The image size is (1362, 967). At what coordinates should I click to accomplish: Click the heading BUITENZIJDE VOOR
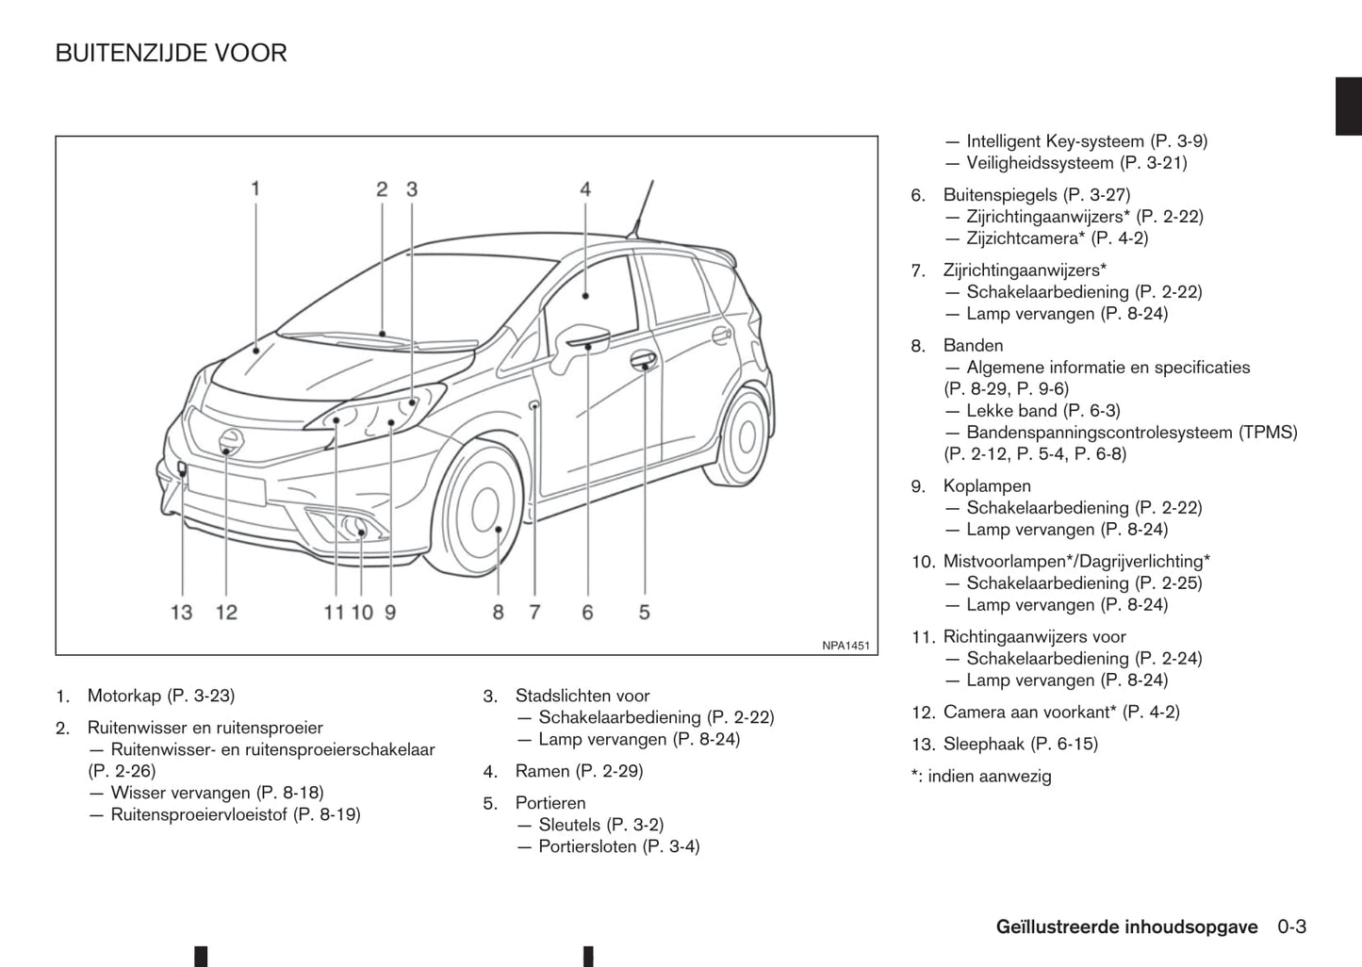[x=171, y=54]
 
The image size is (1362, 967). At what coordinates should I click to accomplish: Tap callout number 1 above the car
[x=254, y=189]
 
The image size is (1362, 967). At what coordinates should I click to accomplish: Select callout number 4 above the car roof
[x=585, y=189]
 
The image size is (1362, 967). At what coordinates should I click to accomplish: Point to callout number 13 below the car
[x=181, y=613]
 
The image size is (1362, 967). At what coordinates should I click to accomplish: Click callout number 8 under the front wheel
[x=498, y=613]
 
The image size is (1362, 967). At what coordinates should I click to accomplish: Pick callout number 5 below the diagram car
[x=644, y=613]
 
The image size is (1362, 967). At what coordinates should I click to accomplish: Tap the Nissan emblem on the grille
[x=229, y=439]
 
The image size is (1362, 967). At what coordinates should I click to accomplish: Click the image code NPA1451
[x=845, y=646]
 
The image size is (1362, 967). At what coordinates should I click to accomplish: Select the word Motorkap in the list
[x=124, y=697]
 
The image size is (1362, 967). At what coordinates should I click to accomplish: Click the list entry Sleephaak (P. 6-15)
[x=1020, y=745]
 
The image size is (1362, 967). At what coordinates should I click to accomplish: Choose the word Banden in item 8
[x=973, y=346]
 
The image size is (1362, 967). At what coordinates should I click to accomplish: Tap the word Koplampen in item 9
[x=987, y=486]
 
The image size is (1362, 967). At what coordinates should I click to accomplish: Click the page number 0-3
[x=1292, y=927]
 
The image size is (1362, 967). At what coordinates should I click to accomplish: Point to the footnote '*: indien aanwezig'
[x=981, y=777]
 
